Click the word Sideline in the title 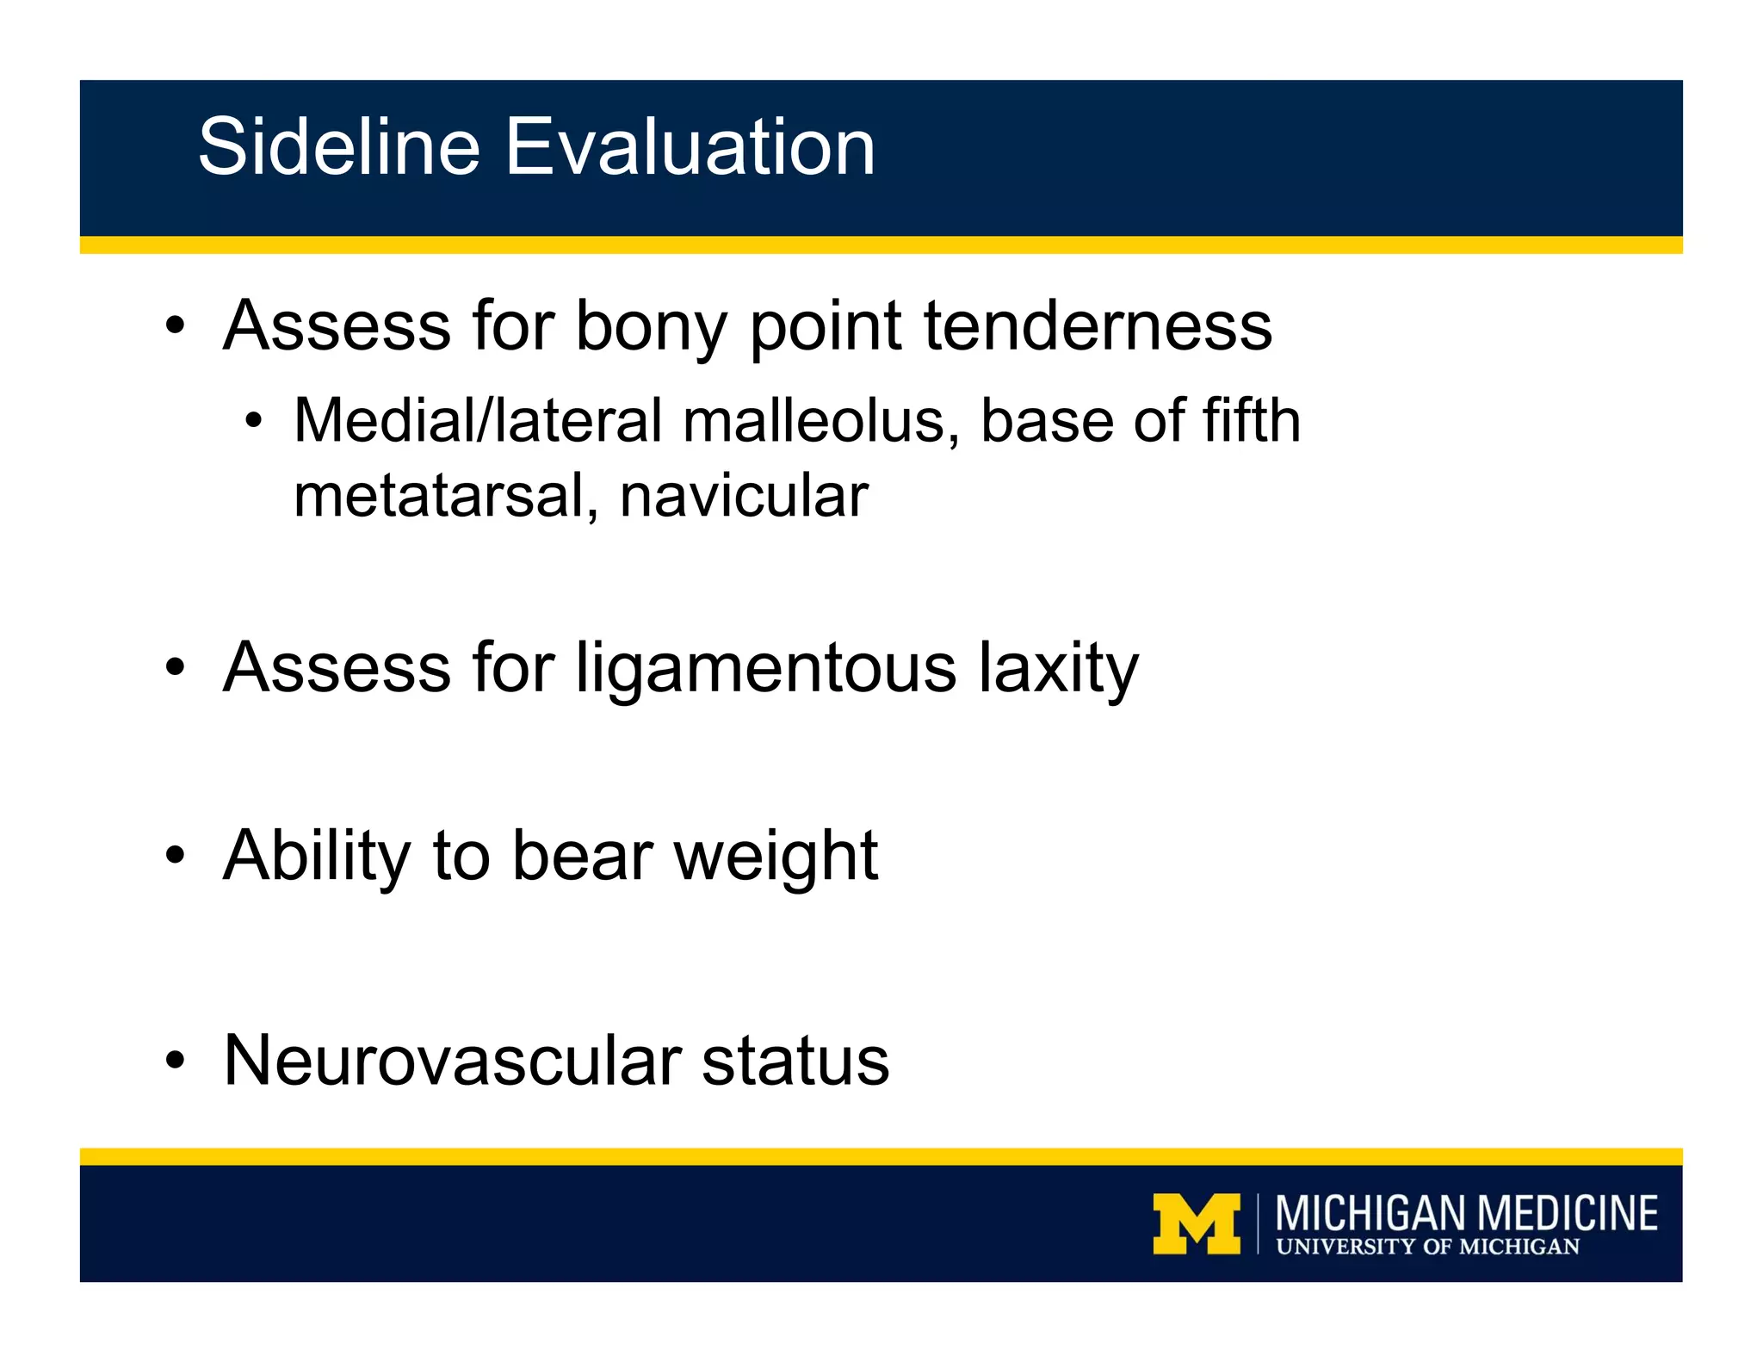[338, 147]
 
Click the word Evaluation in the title [690, 147]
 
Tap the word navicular [744, 497]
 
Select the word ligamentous [766, 670]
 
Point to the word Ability [317, 857]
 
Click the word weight [776, 857]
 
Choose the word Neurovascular [452, 1061]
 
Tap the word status [795, 1061]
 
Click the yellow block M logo [1197, 1223]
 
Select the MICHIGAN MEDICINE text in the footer [1466, 1213]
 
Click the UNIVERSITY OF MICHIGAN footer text [1427, 1247]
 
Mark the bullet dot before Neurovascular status [176, 1062]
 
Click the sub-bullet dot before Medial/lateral [253, 422]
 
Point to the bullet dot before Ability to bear [176, 857]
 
